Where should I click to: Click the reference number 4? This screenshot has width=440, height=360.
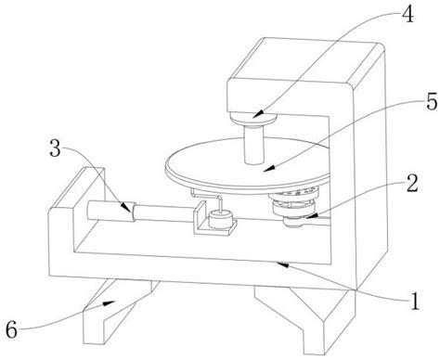(x=407, y=14)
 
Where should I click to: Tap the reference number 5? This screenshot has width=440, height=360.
(x=432, y=101)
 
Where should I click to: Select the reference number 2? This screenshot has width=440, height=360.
(x=412, y=183)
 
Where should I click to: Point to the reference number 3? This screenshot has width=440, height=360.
(x=56, y=148)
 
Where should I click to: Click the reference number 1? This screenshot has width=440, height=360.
(x=415, y=301)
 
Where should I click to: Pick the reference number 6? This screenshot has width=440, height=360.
(x=12, y=329)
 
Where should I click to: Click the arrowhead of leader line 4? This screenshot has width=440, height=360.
(x=258, y=114)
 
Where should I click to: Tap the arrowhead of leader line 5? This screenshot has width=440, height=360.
(x=269, y=168)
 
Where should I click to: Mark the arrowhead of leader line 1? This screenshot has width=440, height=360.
(x=282, y=264)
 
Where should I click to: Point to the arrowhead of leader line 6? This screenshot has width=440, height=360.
(x=110, y=303)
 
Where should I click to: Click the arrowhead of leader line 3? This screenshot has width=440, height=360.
(x=126, y=207)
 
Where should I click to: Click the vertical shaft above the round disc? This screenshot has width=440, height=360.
(x=254, y=144)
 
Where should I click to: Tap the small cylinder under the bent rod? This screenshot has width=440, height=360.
(x=221, y=219)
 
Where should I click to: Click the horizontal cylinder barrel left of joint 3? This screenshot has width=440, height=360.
(x=110, y=212)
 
